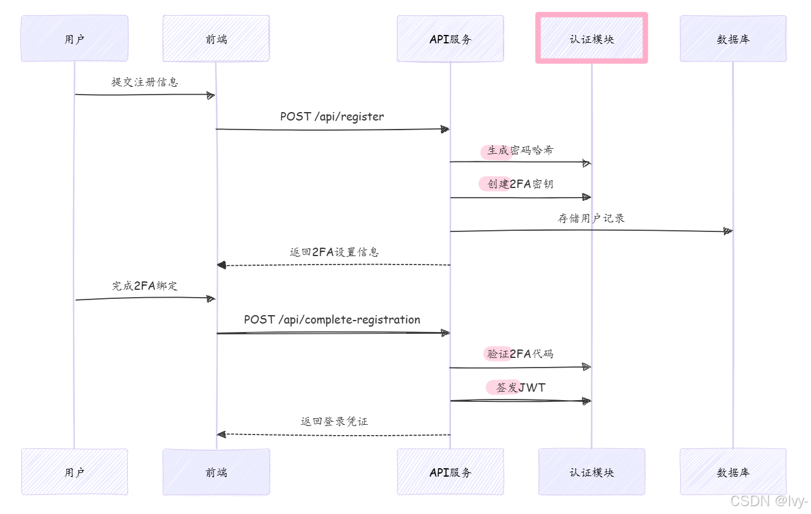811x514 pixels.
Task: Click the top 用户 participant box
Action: [x=74, y=39]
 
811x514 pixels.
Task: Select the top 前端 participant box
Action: [x=216, y=39]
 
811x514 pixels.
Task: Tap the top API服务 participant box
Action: [x=450, y=39]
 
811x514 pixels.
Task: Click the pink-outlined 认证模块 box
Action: [x=592, y=39]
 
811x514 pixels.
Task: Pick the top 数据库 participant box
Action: [x=733, y=39]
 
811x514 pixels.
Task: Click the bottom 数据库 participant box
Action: [x=733, y=472]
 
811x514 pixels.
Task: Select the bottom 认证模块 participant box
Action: [x=592, y=472]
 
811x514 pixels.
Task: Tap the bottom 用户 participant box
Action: [x=74, y=472]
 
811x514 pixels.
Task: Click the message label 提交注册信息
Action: [x=145, y=82]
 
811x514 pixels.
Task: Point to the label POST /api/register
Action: [x=332, y=116]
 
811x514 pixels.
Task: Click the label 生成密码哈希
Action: [x=520, y=150]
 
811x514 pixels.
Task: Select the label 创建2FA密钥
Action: [x=520, y=184]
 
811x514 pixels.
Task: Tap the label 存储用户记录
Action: [x=591, y=218]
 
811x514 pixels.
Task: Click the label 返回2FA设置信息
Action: [x=334, y=252]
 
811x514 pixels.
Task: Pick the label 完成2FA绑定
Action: [x=145, y=286]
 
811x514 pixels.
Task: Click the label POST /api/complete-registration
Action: [x=332, y=319]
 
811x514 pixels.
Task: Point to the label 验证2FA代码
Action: [x=520, y=354]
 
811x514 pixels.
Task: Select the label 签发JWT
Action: [x=520, y=387]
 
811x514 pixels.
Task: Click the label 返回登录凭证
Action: [x=334, y=421]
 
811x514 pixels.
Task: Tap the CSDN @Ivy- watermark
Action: [x=769, y=501]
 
